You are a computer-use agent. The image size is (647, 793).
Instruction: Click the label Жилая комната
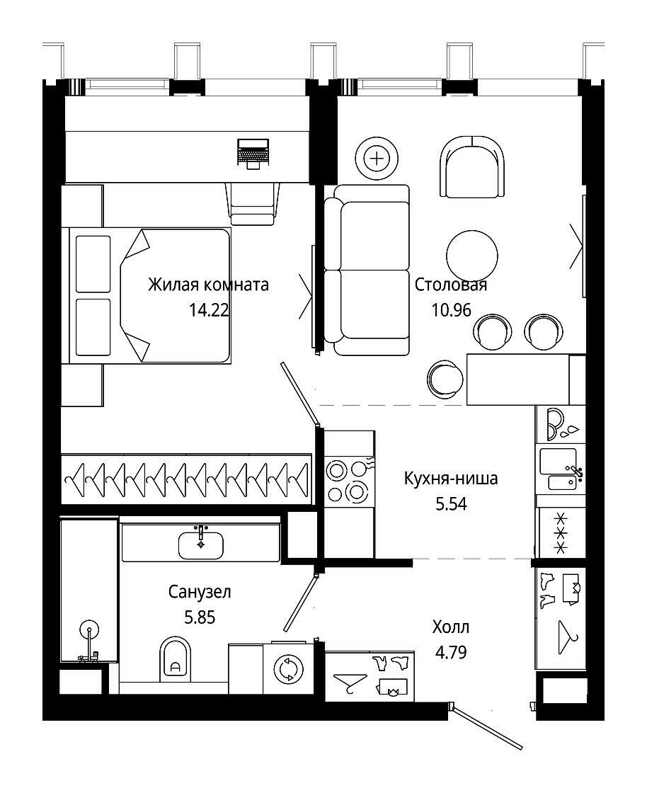pyautogui.click(x=208, y=285)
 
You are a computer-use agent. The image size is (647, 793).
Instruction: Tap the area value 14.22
pyautogui.click(x=209, y=309)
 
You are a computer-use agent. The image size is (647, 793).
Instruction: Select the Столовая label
pyautogui.click(x=451, y=285)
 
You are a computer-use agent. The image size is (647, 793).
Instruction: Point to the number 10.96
pyautogui.click(x=452, y=309)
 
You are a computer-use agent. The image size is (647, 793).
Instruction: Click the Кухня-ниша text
pyautogui.click(x=451, y=478)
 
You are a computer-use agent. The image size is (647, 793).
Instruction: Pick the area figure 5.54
pyautogui.click(x=452, y=503)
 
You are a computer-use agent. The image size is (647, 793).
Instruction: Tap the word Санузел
pyautogui.click(x=200, y=592)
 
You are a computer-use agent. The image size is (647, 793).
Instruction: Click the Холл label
pyautogui.click(x=451, y=627)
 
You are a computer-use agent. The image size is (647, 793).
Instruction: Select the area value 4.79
pyautogui.click(x=451, y=652)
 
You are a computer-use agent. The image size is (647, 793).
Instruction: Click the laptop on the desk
pyautogui.click(x=252, y=152)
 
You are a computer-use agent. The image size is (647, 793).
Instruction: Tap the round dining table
pyautogui.click(x=472, y=256)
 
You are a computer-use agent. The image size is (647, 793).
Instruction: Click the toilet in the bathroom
pyautogui.click(x=176, y=658)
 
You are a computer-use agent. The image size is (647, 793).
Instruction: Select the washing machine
pyautogui.click(x=289, y=668)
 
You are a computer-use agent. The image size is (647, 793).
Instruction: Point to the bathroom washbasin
pyautogui.click(x=200, y=545)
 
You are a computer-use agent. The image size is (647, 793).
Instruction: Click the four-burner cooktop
pyautogui.click(x=348, y=481)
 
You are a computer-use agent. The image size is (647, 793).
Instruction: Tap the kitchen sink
pyautogui.click(x=560, y=469)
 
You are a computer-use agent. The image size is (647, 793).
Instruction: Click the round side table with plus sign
pyautogui.click(x=377, y=159)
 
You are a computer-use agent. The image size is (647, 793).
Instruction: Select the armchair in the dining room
pyautogui.click(x=472, y=167)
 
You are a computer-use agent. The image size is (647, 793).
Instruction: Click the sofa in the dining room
pyautogui.click(x=367, y=270)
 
